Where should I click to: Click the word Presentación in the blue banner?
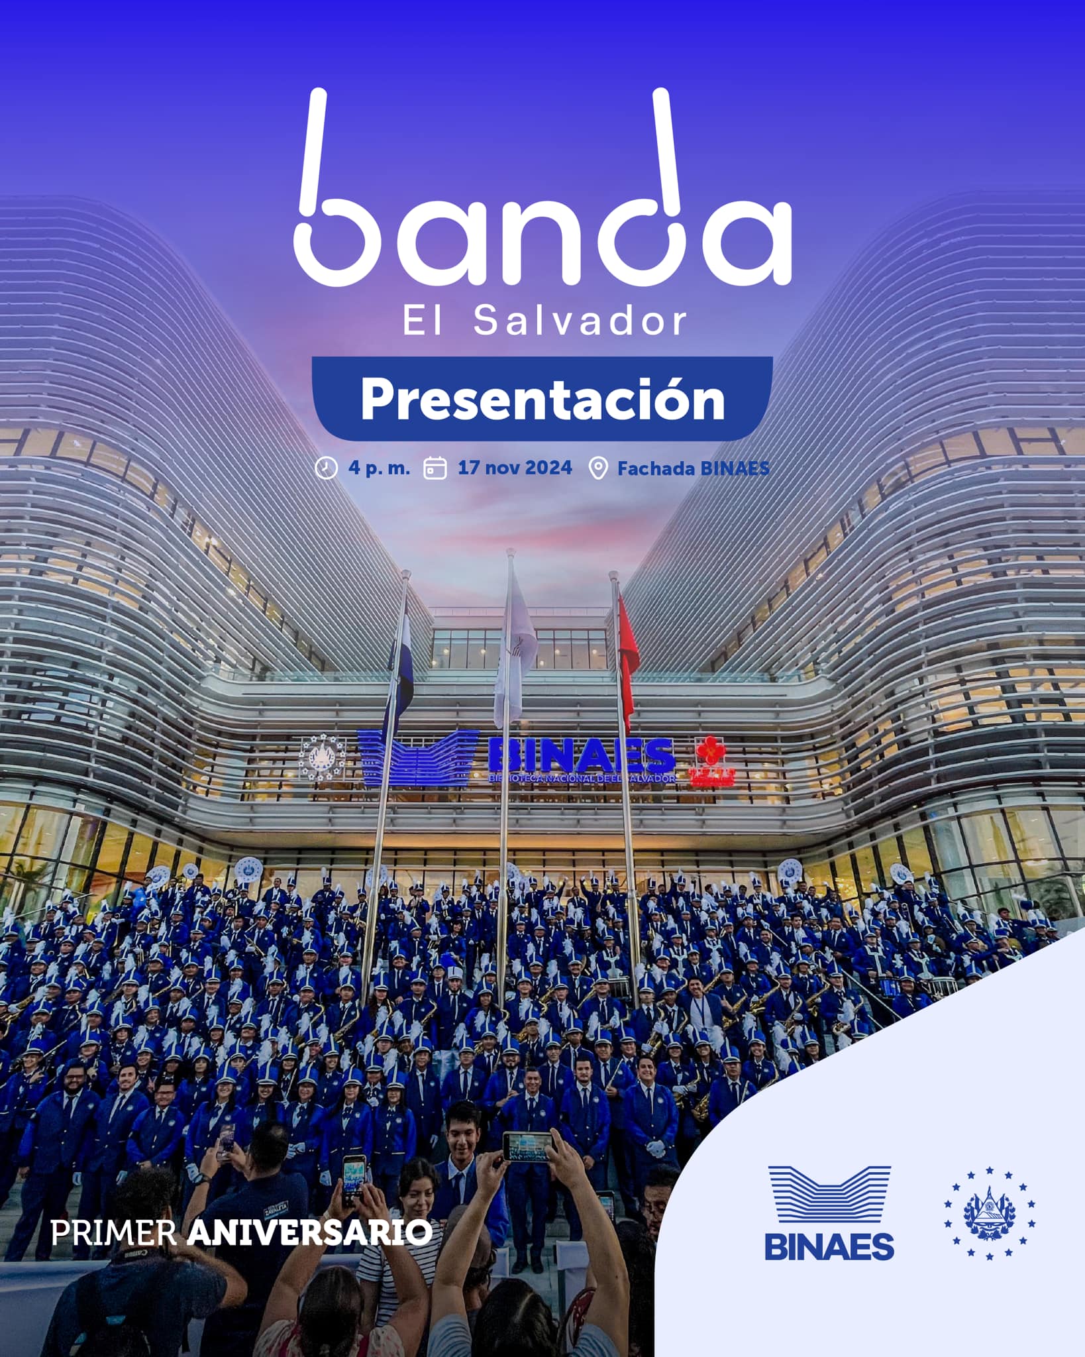click(x=542, y=400)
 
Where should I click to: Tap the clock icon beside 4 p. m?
click(x=326, y=468)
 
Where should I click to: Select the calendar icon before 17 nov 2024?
click(x=435, y=468)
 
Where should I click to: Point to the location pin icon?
click(x=598, y=468)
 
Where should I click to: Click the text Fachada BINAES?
click(x=693, y=468)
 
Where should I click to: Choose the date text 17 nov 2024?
click(x=515, y=468)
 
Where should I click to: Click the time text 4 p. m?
click(x=379, y=468)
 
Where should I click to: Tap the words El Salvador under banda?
click(x=544, y=321)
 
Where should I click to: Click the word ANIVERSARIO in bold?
click(x=310, y=1233)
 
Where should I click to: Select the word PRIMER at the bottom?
click(x=113, y=1233)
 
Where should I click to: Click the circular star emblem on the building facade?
click(x=323, y=757)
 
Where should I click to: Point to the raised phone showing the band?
click(x=527, y=1146)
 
